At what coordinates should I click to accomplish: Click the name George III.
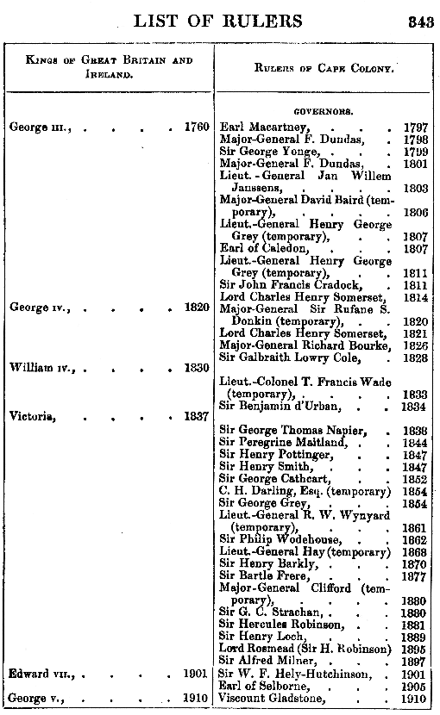click(x=40, y=127)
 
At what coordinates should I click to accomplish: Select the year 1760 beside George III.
click(x=197, y=127)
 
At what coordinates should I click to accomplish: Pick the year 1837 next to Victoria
click(x=197, y=416)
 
